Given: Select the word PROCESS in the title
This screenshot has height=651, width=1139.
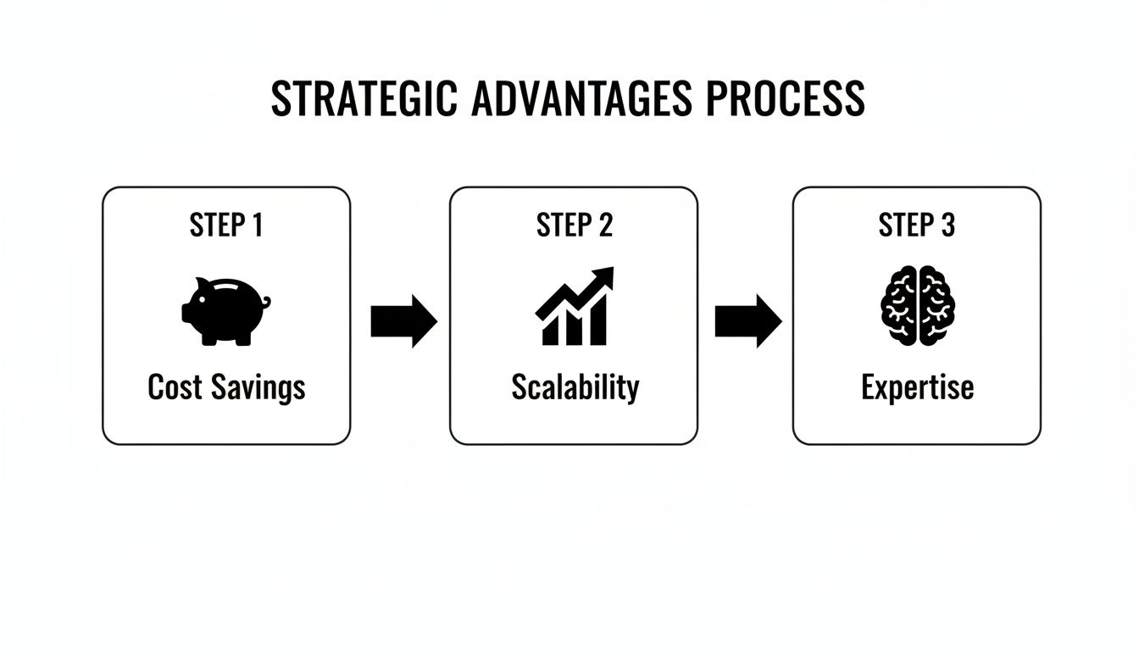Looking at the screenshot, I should point(785,99).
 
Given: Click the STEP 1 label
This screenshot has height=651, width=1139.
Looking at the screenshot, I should point(225,225).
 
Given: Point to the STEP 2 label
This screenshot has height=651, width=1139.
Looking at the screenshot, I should point(574,225).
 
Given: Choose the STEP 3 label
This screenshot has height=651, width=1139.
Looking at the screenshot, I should point(917,225).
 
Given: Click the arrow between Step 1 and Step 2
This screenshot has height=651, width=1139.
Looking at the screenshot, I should point(403,322).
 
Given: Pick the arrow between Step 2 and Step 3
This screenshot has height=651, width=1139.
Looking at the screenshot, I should point(747,322).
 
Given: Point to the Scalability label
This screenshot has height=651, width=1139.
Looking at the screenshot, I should point(575,388).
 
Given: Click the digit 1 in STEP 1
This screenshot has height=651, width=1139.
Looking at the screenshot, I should point(257,225).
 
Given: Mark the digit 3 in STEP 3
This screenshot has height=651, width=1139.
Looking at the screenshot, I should point(947,225).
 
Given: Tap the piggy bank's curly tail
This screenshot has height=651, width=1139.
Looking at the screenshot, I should point(266,302).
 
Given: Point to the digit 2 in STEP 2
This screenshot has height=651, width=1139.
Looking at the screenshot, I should point(604,225).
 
